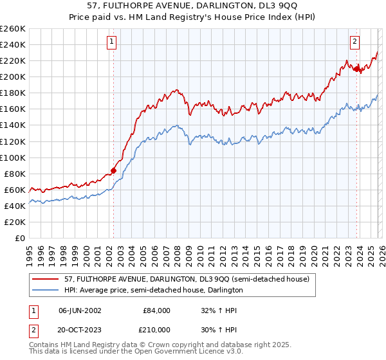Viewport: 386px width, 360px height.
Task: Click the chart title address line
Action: pyautogui.click(x=193, y=6)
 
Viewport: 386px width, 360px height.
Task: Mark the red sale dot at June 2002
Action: pyautogui.click(x=114, y=170)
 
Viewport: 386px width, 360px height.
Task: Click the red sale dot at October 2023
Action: pyautogui.click(x=356, y=69)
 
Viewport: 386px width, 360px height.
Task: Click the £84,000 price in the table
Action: pyautogui.click(x=156, y=310)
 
